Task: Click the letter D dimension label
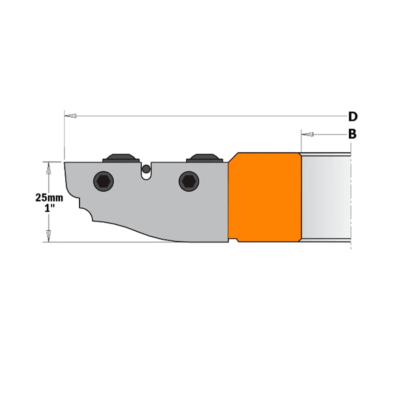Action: [353, 117]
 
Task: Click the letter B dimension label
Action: [352, 135]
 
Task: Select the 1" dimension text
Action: [48, 208]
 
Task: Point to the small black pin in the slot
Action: [146, 169]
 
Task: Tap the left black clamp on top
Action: [120, 158]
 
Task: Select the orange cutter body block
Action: [265, 197]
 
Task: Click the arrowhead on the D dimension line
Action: [70, 116]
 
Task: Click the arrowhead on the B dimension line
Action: [307, 134]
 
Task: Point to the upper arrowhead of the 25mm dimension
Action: [49, 169]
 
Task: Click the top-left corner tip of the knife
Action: [65, 162]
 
